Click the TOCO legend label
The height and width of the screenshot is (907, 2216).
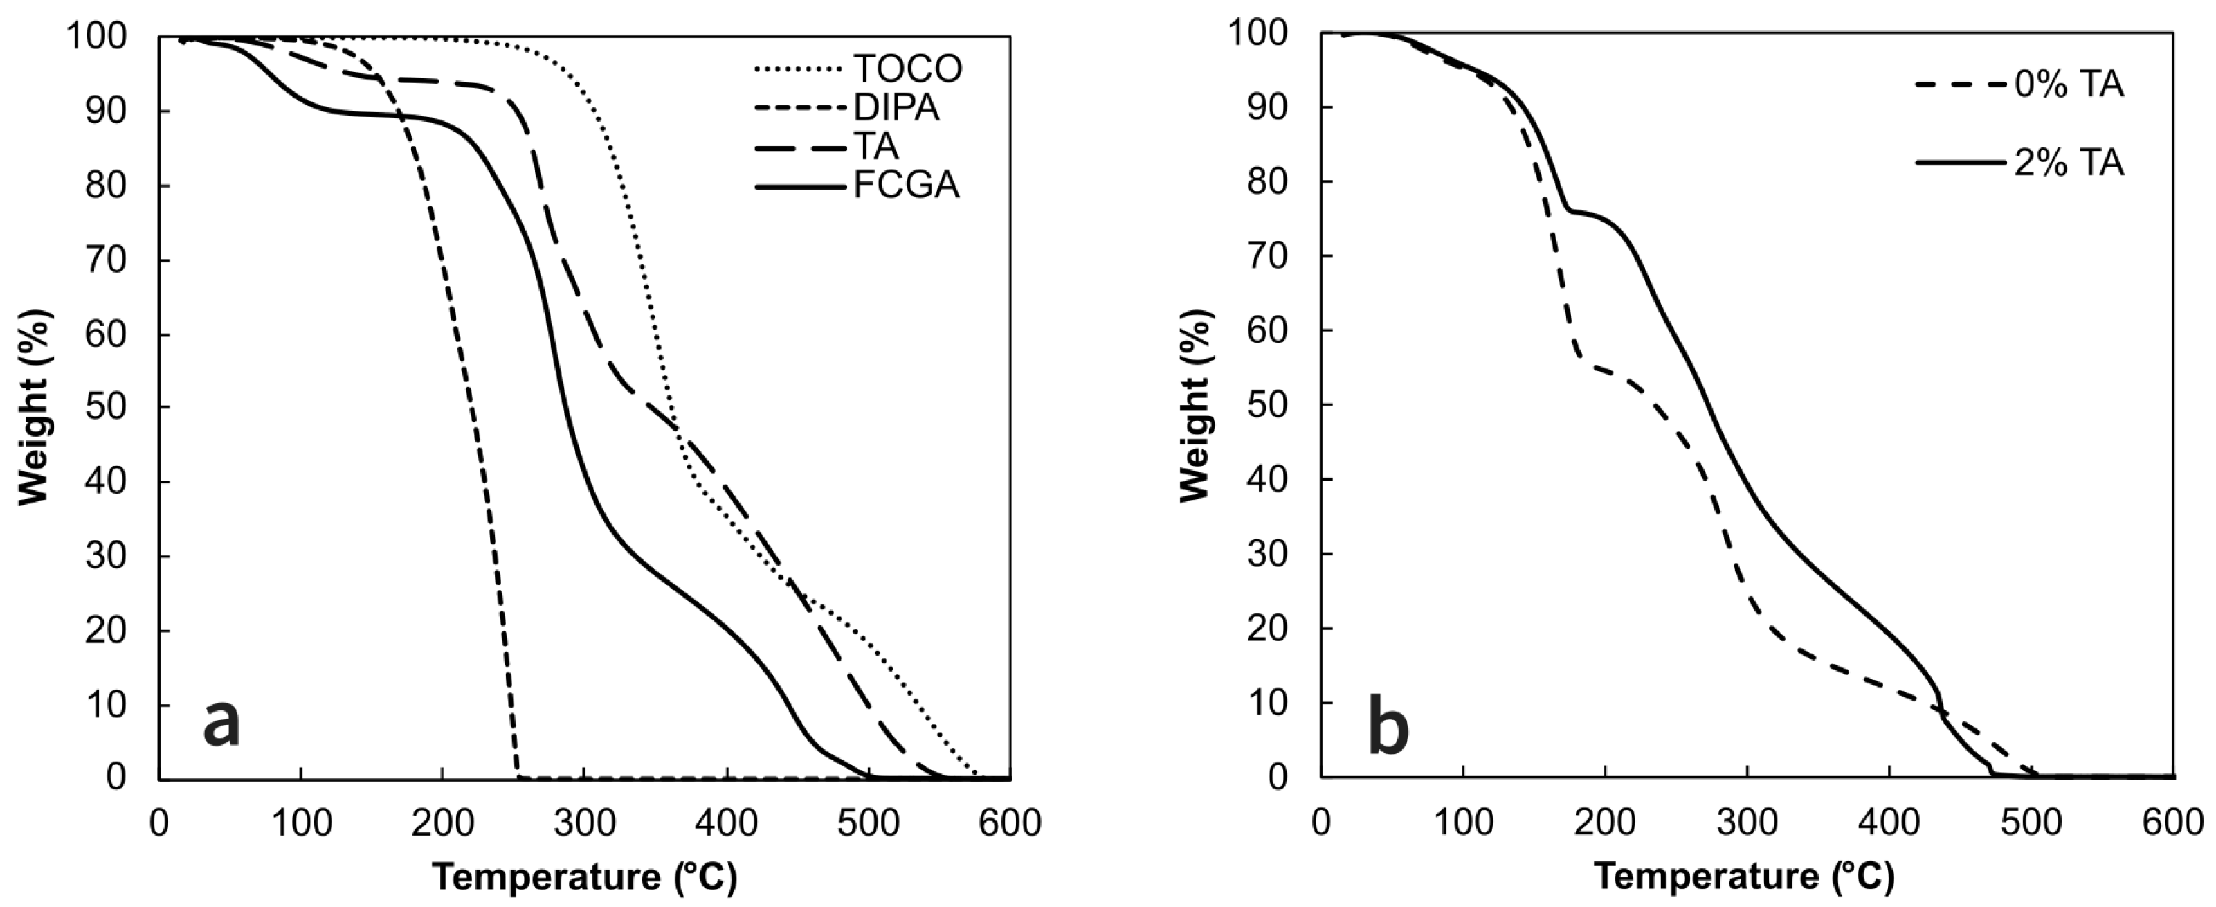(x=907, y=69)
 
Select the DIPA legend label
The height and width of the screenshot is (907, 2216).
(x=896, y=107)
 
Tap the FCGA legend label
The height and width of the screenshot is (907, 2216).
(x=906, y=185)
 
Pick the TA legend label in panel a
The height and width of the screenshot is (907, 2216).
(x=875, y=146)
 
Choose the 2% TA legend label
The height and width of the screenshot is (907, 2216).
(x=2068, y=163)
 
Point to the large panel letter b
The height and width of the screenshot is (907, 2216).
(x=1388, y=727)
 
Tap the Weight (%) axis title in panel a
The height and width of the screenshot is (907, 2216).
(x=35, y=406)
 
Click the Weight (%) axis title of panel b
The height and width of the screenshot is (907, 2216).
(x=1196, y=404)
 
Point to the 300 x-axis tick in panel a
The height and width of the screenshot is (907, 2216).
(x=583, y=823)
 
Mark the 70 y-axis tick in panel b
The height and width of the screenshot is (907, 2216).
(x=1269, y=256)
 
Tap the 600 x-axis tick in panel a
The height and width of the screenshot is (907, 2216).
(x=1009, y=823)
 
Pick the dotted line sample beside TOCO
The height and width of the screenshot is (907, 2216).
(x=799, y=69)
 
